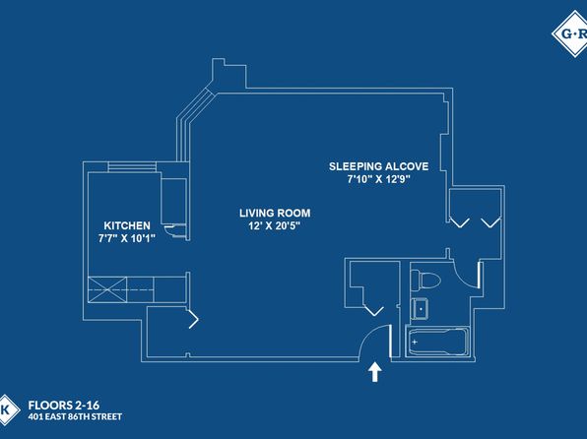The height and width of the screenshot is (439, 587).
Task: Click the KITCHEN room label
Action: click(127, 225)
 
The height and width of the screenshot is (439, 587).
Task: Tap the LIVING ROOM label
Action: click(275, 213)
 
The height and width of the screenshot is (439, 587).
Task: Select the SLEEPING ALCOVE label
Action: click(378, 166)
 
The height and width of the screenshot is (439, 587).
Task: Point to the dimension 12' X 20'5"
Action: click(275, 225)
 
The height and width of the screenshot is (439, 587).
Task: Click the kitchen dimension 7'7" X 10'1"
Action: click(126, 238)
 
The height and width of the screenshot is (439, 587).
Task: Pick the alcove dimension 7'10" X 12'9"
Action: click(378, 179)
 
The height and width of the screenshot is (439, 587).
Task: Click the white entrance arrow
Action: click(374, 372)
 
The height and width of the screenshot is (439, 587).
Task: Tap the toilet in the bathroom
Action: click(425, 280)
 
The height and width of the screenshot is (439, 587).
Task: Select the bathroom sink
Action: click(420, 309)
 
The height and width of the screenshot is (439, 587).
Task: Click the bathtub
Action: click(437, 342)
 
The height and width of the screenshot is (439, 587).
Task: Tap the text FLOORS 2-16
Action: click(64, 406)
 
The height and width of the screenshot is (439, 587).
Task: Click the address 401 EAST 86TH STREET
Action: click(75, 417)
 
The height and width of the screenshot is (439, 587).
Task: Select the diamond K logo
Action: click(7, 409)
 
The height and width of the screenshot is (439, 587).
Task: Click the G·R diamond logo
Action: click(571, 33)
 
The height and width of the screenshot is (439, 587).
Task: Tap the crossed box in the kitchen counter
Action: click(107, 289)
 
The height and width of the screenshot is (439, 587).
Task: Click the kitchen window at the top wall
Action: click(132, 166)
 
